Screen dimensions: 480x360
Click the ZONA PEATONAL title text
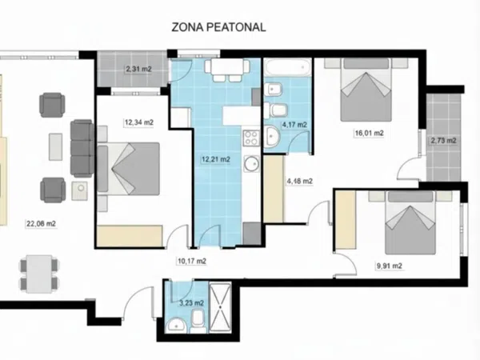(x=218, y=27)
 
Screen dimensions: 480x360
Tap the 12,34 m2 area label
(x=139, y=122)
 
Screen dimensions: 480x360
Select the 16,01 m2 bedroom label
(x=369, y=133)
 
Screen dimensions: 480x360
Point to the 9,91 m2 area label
(x=389, y=266)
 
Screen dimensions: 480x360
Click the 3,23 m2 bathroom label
(x=191, y=303)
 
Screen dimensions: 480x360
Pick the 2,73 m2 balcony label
(x=443, y=141)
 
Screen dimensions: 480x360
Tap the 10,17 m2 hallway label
(x=192, y=261)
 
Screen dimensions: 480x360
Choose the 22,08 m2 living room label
(x=41, y=224)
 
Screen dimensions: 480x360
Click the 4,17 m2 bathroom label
(x=294, y=125)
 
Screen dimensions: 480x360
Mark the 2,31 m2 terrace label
(x=138, y=69)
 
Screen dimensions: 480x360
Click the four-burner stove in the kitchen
(x=251, y=138)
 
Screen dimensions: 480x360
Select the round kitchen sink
(x=252, y=163)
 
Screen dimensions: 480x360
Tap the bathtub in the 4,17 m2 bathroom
(x=288, y=66)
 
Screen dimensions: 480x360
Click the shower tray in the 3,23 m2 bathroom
(x=220, y=309)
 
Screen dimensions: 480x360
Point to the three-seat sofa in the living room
(x=82, y=148)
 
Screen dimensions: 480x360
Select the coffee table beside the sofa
(x=55, y=146)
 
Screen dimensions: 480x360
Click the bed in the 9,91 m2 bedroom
(x=410, y=222)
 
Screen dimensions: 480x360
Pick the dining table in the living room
(x=39, y=274)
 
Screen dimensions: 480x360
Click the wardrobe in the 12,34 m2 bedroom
(x=130, y=236)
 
